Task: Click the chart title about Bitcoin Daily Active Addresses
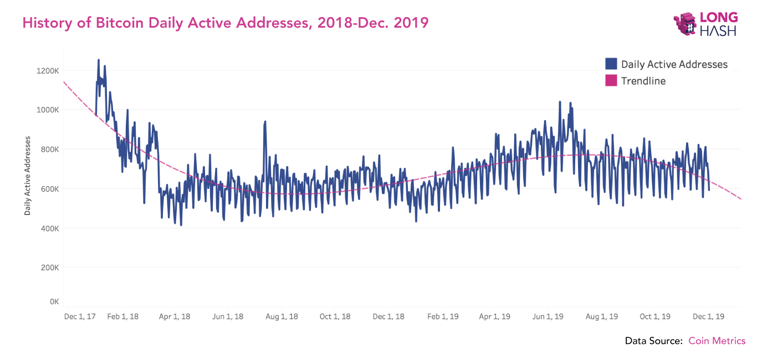coord(225,23)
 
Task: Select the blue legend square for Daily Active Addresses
coord(611,64)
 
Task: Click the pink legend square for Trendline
coord(611,80)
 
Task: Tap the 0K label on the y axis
coord(54,302)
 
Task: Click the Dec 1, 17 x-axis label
coord(80,317)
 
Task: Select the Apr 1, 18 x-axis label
coord(175,317)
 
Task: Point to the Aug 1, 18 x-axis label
coord(282,317)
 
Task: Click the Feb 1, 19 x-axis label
coord(443,317)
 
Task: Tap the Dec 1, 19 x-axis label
coord(709,317)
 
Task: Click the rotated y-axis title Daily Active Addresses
coord(27,176)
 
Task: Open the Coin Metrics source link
coord(717,341)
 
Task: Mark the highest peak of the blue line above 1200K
coord(99,60)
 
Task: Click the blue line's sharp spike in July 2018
coord(265,122)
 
